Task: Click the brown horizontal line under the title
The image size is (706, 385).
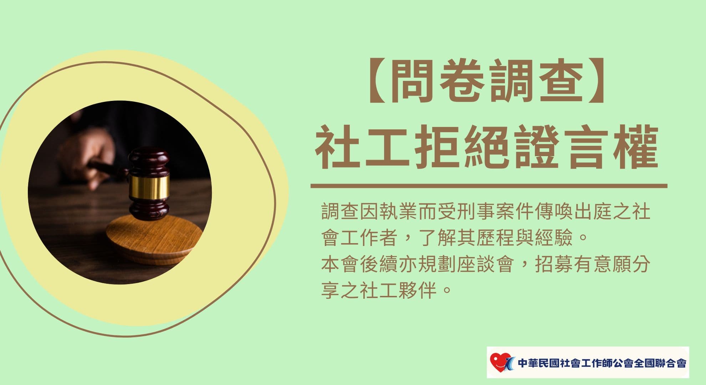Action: (489, 186)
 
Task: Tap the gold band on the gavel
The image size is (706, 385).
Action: (149, 188)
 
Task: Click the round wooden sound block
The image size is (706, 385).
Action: (154, 239)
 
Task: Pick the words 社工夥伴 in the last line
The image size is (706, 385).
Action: (398, 290)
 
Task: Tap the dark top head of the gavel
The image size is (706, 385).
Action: (149, 163)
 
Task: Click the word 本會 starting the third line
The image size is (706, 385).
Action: (340, 265)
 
